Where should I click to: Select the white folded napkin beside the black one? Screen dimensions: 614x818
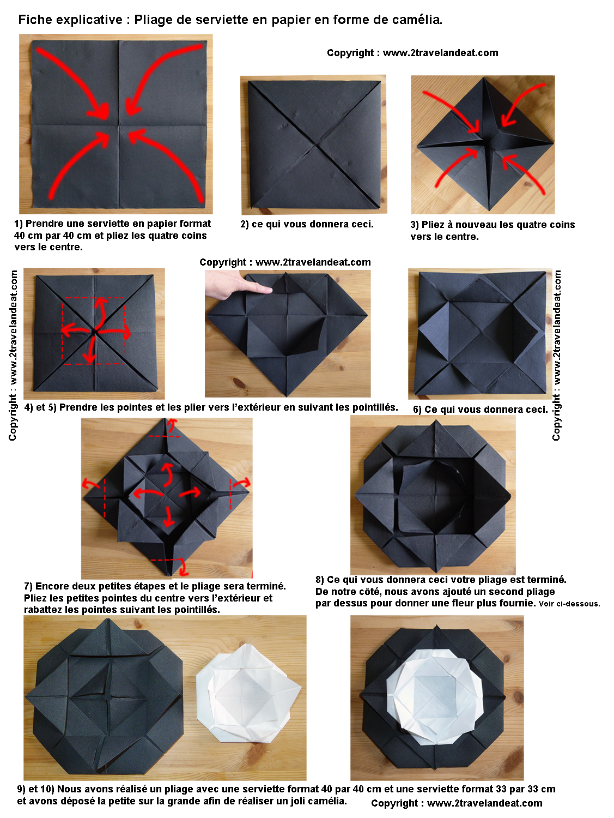click(248, 694)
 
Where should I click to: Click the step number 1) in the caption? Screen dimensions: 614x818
click(18, 224)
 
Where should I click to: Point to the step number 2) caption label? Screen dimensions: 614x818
click(245, 224)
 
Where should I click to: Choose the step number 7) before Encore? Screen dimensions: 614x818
click(28, 586)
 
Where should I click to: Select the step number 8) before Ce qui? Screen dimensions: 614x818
click(320, 580)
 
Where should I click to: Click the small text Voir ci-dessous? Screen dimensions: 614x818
click(569, 604)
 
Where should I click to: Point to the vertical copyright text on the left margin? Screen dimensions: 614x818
click(13, 356)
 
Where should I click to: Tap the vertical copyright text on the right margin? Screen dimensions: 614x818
click(556, 356)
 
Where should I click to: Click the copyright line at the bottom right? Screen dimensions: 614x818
click(457, 803)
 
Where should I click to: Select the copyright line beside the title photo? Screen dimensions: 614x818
click(412, 53)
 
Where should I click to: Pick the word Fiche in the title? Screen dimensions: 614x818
click(33, 20)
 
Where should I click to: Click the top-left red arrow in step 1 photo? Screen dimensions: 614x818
click(73, 80)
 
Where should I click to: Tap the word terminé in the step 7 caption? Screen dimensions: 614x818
click(267, 586)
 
